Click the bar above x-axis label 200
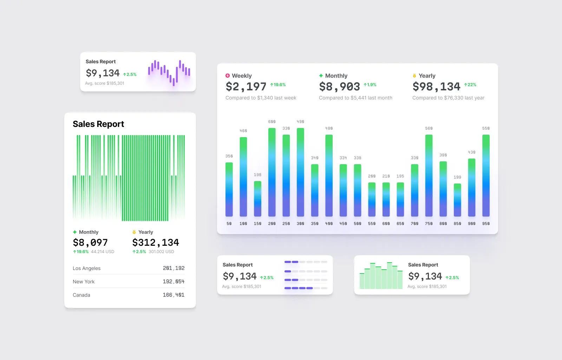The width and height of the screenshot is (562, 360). pos(272,172)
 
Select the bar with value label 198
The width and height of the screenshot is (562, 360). pos(257,199)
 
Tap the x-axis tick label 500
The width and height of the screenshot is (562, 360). pos(357,224)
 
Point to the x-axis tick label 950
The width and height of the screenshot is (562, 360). pos(486,224)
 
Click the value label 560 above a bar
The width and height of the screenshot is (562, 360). pos(429,128)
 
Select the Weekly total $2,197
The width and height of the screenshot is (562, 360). pos(246,86)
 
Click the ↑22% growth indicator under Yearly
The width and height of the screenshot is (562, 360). pos(470,85)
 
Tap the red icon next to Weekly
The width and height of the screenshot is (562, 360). pos(228,76)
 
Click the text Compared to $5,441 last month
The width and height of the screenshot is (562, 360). pos(355,98)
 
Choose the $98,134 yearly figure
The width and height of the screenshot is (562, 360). pos(436,86)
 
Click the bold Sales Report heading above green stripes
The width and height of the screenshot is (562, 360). pos(98,124)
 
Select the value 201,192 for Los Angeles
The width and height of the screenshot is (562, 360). pos(174,268)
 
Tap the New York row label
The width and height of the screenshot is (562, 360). pos(84,282)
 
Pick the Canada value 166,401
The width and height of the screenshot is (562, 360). pos(174,295)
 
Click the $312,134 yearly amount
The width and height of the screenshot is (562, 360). pos(156,243)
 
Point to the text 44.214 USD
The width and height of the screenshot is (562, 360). pos(103,252)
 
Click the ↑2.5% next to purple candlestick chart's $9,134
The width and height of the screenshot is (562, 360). pos(130,75)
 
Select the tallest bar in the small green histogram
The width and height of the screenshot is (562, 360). pos(389,276)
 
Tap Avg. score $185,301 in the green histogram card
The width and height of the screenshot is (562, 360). pos(427,287)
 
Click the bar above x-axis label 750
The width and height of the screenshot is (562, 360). pos(429,176)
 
